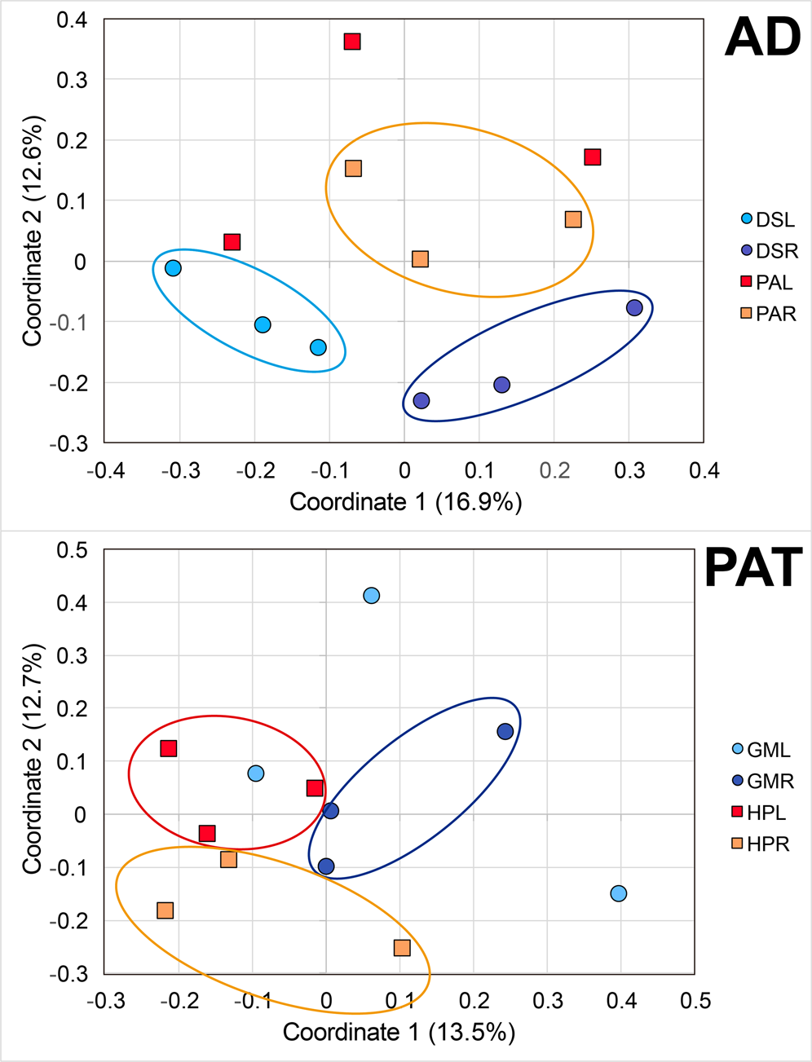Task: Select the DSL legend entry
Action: click(766, 220)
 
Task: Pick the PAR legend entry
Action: click(767, 314)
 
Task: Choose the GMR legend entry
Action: click(761, 782)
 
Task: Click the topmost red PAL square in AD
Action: click(352, 42)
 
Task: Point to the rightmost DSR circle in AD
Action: click(634, 308)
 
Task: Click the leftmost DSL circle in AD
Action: click(173, 268)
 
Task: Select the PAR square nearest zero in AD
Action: click(420, 259)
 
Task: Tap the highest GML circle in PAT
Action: click(371, 596)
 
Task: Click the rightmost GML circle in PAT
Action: click(619, 893)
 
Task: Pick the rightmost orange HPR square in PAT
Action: click(402, 948)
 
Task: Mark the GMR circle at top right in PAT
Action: click(505, 732)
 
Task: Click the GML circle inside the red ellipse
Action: click(256, 773)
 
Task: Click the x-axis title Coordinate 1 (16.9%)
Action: click(405, 502)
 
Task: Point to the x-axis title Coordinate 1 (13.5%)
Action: click(399, 1033)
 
